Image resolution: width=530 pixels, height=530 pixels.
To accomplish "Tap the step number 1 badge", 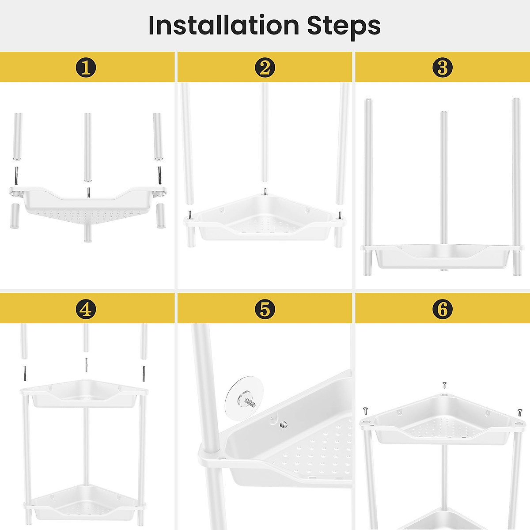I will tap(86, 68).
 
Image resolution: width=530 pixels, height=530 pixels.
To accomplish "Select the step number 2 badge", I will tap(265, 68).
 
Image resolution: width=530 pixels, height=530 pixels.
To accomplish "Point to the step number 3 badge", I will tap(443, 68).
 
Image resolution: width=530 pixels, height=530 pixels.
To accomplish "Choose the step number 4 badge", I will tap(86, 309).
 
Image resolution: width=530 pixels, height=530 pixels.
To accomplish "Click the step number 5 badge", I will tap(265, 309).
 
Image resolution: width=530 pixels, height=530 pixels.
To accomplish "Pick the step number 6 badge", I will tap(443, 309).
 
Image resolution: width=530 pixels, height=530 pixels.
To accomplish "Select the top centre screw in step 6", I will tap(444, 384).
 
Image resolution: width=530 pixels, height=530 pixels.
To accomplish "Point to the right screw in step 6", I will tap(519, 412).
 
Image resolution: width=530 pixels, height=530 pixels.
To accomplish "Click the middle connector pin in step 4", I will tap(86, 365).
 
